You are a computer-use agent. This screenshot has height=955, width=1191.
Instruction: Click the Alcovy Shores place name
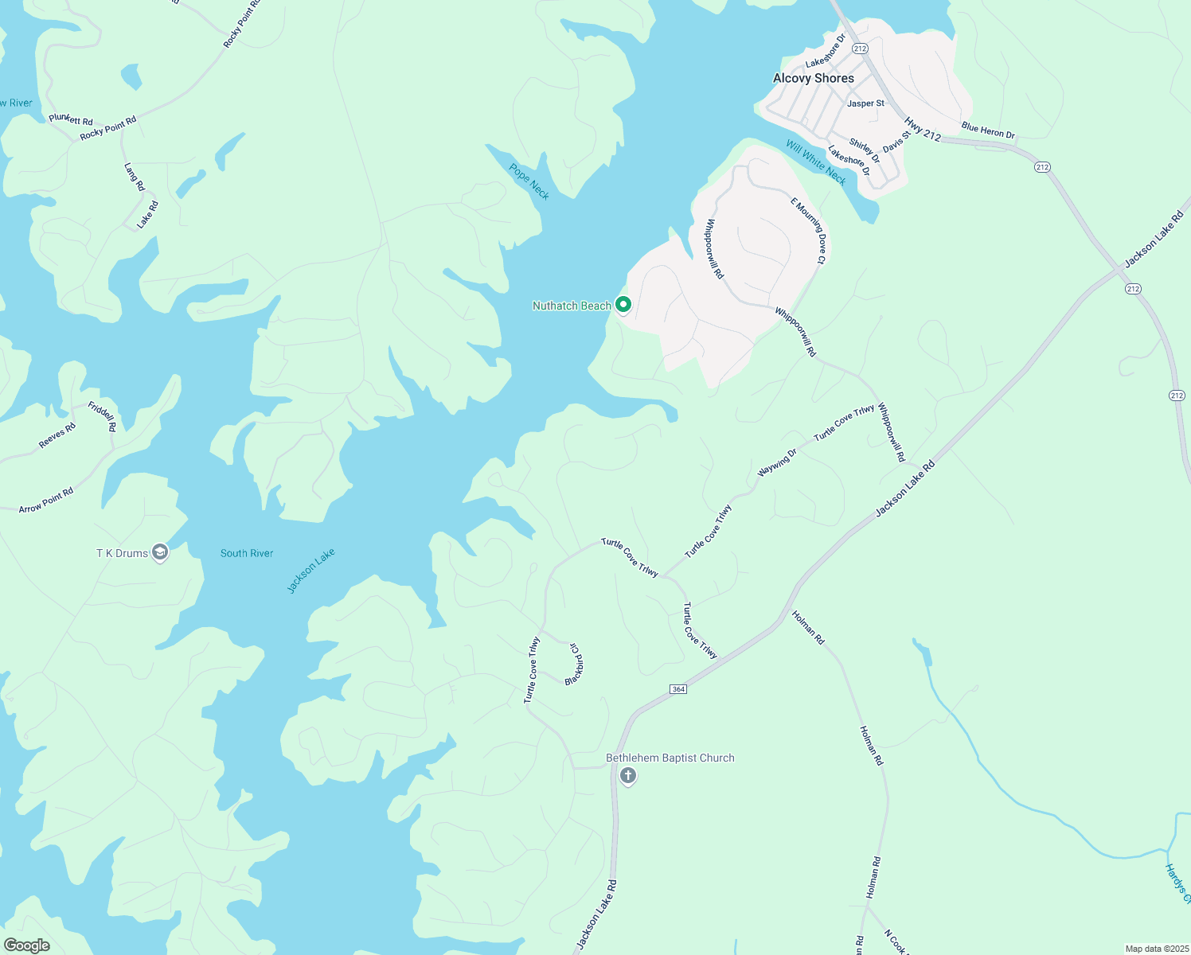(x=813, y=78)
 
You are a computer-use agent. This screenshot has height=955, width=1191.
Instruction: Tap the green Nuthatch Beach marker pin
(x=624, y=305)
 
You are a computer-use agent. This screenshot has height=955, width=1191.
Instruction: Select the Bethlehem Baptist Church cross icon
(x=628, y=776)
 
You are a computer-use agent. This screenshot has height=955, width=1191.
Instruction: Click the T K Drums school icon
(x=160, y=553)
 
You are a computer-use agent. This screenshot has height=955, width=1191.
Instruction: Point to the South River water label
(x=247, y=553)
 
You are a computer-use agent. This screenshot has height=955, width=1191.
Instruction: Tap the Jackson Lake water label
(x=311, y=571)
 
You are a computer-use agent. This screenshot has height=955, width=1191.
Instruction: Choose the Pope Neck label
(x=529, y=181)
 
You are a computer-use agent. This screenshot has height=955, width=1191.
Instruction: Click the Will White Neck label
(x=816, y=162)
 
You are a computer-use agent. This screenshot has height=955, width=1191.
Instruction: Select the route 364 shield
(x=678, y=689)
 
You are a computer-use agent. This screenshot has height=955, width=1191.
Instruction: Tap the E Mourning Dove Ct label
(x=809, y=230)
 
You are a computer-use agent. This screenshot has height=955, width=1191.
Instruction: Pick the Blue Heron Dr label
(x=988, y=130)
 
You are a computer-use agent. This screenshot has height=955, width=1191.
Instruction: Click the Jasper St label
(x=865, y=103)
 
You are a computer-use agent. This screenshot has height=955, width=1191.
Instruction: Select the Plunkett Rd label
(x=71, y=119)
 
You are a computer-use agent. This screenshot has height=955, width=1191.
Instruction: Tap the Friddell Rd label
(x=102, y=416)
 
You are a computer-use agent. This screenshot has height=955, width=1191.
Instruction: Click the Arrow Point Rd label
(x=46, y=500)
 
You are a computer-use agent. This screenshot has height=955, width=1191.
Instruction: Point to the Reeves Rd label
(x=57, y=435)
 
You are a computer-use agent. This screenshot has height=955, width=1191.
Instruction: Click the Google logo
(x=26, y=945)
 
